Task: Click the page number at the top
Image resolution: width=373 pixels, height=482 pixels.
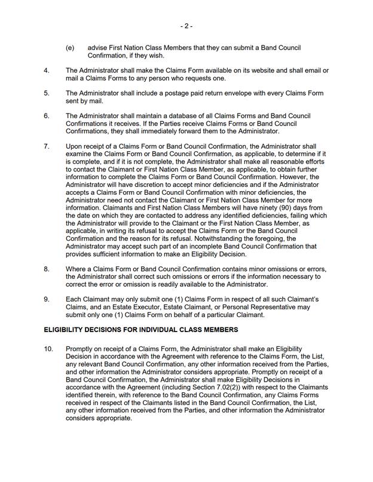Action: click(x=186, y=26)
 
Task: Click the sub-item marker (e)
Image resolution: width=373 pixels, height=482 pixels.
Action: click(x=70, y=47)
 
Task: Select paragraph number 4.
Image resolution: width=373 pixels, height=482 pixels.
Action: click(x=47, y=70)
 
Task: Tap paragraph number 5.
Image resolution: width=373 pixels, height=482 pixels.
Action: click(x=47, y=93)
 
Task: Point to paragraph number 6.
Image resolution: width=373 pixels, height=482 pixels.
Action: click(x=47, y=116)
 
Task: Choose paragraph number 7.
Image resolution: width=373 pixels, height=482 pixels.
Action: click(x=47, y=146)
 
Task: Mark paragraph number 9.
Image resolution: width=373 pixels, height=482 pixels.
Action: click(x=47, y=299)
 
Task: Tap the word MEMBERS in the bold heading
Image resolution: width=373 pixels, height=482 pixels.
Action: click(x=217, y=330)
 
